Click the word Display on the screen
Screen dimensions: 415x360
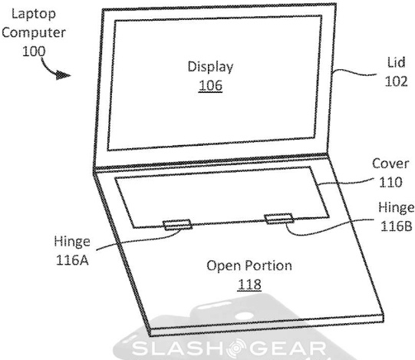pos(210,67)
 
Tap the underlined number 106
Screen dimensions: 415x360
pos(210,85)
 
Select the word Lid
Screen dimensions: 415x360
pos(397,63)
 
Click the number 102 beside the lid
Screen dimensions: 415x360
pos(396,81)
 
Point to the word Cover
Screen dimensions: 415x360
pos(390,163)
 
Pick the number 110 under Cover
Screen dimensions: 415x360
pos(390,182)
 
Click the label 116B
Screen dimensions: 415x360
pos(397,226)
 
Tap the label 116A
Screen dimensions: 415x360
pos(72,260)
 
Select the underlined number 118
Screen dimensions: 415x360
pos(249,285)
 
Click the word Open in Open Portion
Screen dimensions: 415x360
pos(224,266)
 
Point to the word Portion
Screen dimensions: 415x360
pos(268,266)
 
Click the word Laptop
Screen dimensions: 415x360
pos(34,14)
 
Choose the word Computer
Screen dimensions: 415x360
pos(34,33)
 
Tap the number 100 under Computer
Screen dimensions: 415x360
pos(34,51)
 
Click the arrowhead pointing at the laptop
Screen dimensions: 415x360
pos(63,75)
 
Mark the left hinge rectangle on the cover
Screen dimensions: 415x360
pos(178,225)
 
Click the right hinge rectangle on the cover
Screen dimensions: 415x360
pos(279,219)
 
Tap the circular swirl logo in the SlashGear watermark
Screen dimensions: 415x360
pos(236,348)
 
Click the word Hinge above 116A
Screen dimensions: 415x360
pos(72,242)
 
